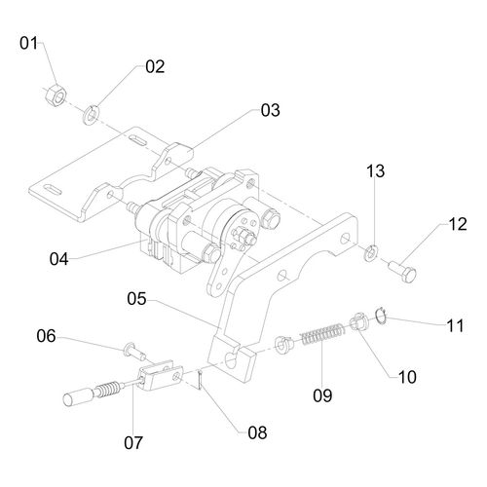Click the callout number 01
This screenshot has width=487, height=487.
click(28, 43)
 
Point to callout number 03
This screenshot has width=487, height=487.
click(270, 110)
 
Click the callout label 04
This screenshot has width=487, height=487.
click(59, 259)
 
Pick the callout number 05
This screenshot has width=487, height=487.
click(136, 299)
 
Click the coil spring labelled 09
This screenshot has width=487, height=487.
click(321, 334)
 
